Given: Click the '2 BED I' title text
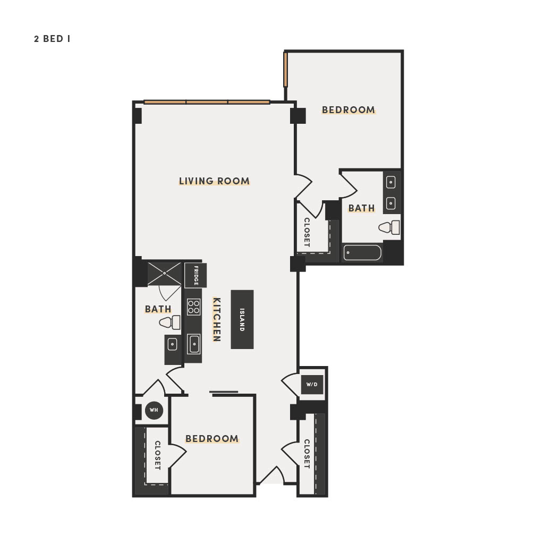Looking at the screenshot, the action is [x=52, y=39].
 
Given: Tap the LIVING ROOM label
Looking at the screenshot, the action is [x=215, y=181].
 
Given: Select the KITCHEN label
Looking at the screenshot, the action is [x=217, y=319].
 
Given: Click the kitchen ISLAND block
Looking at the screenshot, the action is [x=242, y=319].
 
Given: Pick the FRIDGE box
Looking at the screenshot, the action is [x=195, y=276].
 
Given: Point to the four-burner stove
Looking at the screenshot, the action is [x=193, y=307].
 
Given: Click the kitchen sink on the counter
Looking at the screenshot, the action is [x=193, y=344].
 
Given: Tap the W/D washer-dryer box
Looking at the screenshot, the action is [x=312, y=385].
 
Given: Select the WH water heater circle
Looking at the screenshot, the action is [x=154, y=410].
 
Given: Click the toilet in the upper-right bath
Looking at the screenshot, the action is [x=389, y=227].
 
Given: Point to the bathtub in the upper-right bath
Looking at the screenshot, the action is [x=362, y=252].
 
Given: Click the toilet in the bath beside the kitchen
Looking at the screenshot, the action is [x=169, y=322].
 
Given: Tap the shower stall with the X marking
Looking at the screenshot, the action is [x=165, y=274].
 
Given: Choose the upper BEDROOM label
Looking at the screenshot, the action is [x=348, y=110].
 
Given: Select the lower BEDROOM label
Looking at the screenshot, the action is [x=212, y=439].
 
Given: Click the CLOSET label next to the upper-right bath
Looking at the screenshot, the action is [x=307, y=233].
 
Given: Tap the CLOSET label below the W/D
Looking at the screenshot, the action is [x=307, y=454].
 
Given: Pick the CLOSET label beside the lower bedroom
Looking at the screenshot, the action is [x=157, y=455].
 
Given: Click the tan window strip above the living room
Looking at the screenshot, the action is [x=207, y=102].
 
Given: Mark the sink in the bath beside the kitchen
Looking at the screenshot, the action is [x=173, y=344].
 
